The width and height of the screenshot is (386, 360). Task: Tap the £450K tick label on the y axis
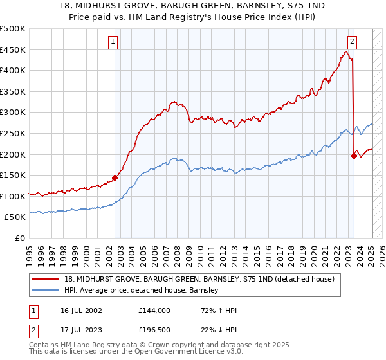point(13,50)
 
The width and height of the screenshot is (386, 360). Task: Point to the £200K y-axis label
point(13,154)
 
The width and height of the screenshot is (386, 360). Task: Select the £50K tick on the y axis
point(15,217)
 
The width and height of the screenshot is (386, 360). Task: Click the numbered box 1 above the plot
point(113,42)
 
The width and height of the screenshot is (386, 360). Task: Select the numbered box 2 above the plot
point(353,42)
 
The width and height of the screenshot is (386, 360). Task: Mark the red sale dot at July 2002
point(115,177)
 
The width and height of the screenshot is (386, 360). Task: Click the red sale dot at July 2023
point(354,156)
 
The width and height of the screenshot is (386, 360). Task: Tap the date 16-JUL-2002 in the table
point(82,310)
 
